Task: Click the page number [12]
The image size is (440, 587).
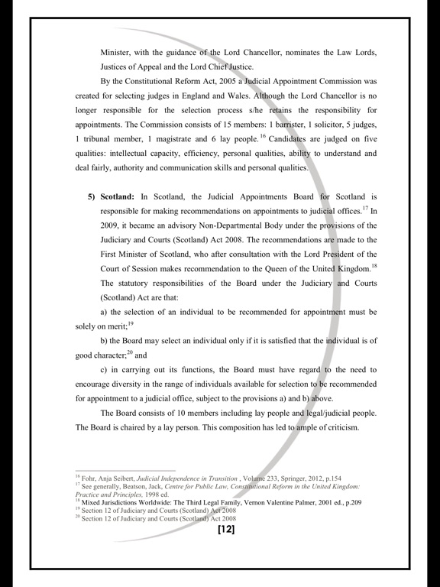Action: [225, 529]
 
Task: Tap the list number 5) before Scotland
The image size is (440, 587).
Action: [92, 196]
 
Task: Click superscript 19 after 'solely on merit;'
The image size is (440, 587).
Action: [130, 324]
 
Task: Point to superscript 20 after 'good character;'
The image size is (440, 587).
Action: [129, 353]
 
